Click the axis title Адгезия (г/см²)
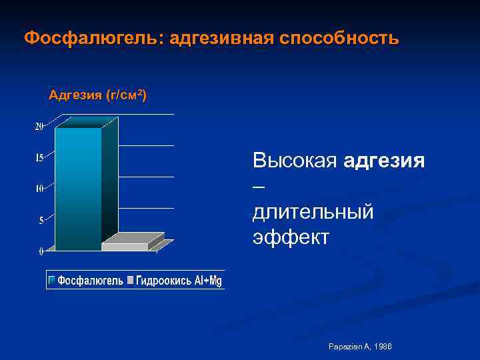click(98, 95)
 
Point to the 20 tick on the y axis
click(39, 127)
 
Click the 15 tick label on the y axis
click(39, 158)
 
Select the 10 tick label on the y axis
click(39, 189)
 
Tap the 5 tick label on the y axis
click(41, 220)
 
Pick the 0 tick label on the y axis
click(41, 251)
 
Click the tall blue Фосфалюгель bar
click(78, 187)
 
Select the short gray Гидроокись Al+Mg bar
click(125, 246)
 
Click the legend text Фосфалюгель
click(90, 281)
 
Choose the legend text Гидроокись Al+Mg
click(179, 281)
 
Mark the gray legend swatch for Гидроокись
click(131, 281)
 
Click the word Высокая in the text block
click(295, 161)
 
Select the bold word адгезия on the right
click(385, 161)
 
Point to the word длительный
click(313, 212)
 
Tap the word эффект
click(291, 237)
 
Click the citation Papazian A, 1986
click(360, 347)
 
